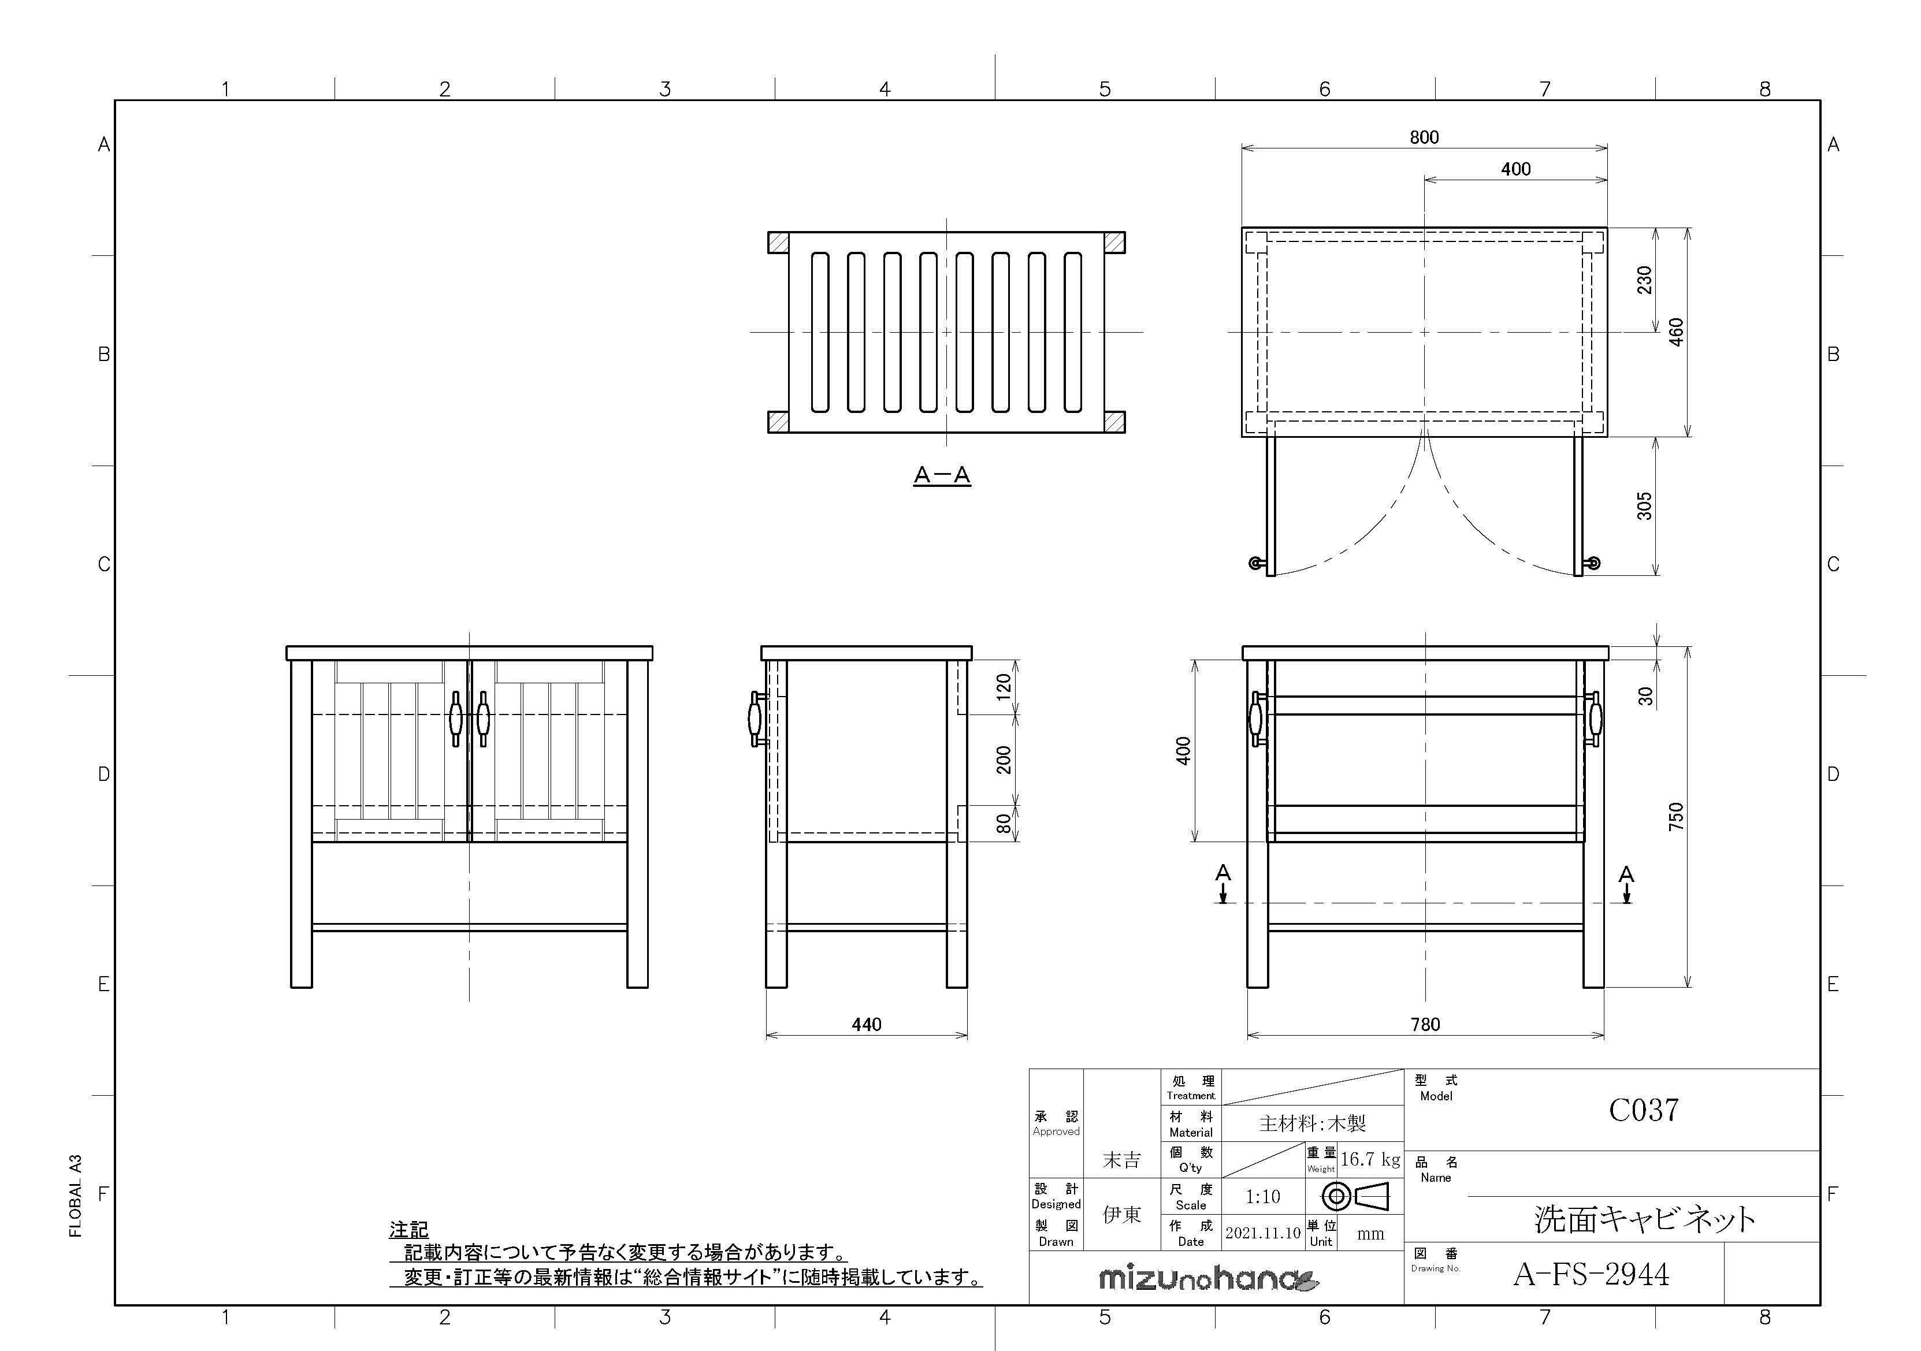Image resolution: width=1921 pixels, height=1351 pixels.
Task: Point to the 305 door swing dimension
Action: tap(1644, 506)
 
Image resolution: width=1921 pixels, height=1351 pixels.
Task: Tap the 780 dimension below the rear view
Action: tap(1425, 1025)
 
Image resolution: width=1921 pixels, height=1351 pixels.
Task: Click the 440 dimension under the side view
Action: tap(866, 1025)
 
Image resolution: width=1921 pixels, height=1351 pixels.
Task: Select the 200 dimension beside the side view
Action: tap(1004, 760)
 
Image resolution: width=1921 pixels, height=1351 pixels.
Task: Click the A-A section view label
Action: tap(941, 476)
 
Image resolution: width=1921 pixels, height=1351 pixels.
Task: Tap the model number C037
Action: tap(1643, 1110)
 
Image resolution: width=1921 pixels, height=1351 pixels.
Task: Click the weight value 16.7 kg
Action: tap(1370, 1159)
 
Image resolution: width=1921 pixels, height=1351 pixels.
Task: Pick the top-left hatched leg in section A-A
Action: tap(778, 243)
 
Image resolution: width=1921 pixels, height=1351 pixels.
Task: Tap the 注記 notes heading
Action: tap(408, 1229)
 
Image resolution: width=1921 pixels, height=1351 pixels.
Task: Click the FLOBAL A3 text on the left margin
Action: tap(75, 1196)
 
